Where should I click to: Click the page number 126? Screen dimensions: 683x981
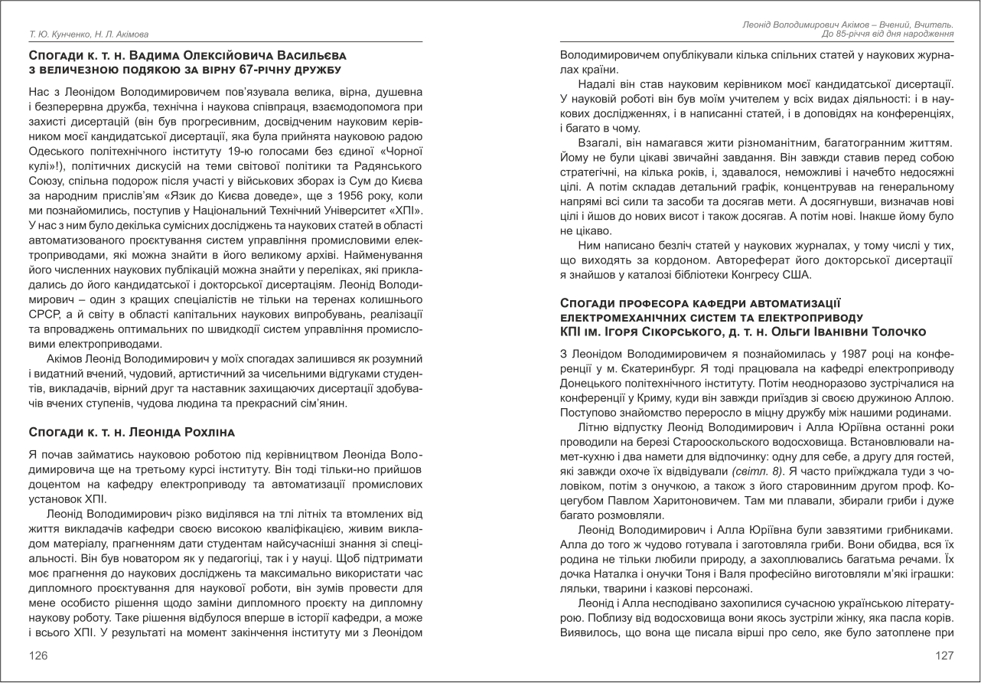point(38,655)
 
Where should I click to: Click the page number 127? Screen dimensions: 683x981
point(944,655)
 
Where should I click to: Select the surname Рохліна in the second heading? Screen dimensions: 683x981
point(199,433)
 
